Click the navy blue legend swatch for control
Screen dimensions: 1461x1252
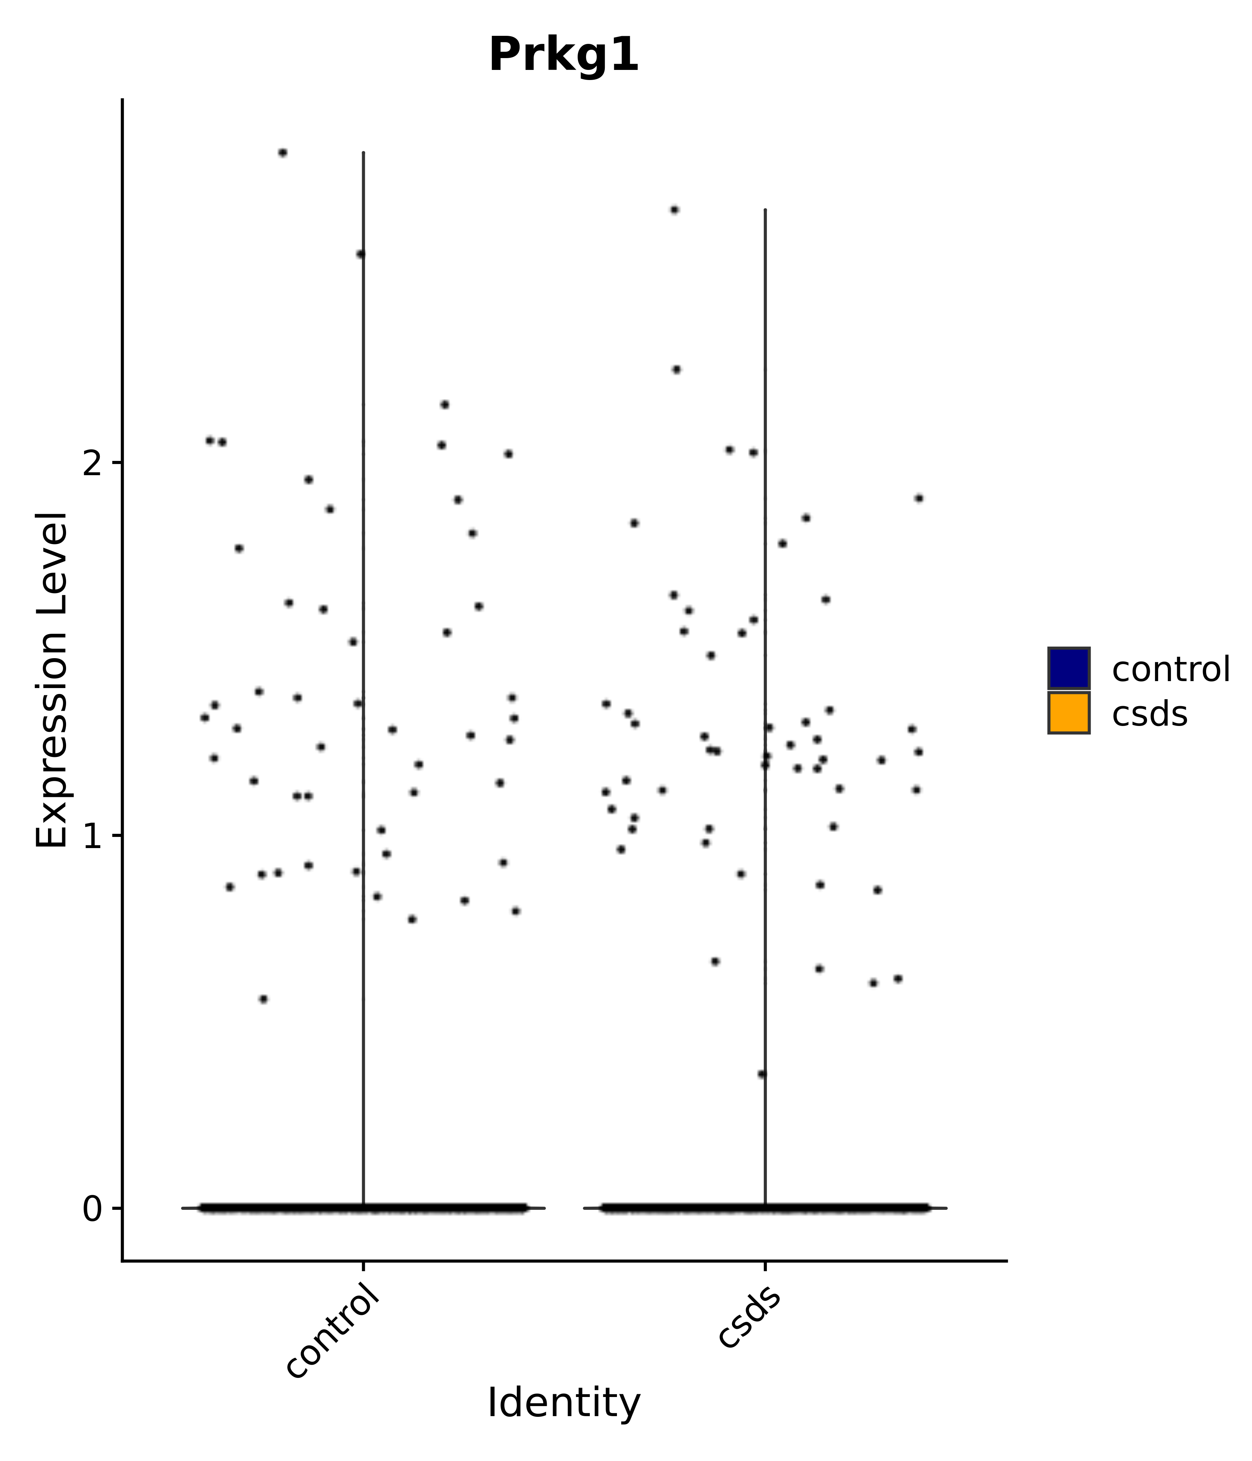pyautogui.click(x=1068, y=668)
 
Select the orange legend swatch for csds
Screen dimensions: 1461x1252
pyautogui.click(x=1068, y=713)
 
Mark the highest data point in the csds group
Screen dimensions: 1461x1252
pyautogui.click(x=674, y=209)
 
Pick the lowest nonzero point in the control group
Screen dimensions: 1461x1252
pyautogui.click(x=263, y=998)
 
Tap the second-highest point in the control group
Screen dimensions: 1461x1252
pyautogui.click(x=360, y=254)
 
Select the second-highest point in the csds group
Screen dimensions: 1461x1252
pyautogui.click(x=676, y=369)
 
